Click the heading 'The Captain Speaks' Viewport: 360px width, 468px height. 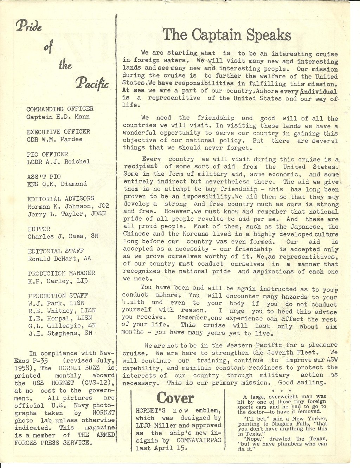coord(227,35)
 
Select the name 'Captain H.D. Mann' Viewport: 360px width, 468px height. coord(58,117)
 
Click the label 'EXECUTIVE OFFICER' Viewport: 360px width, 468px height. coord(58,132)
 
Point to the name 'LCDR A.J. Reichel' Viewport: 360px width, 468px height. coord(58,162)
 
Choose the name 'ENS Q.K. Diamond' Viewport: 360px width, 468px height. coord(57,184)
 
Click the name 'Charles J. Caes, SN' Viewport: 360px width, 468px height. coord(63,236)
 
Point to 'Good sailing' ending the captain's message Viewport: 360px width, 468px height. coord(302,383)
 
